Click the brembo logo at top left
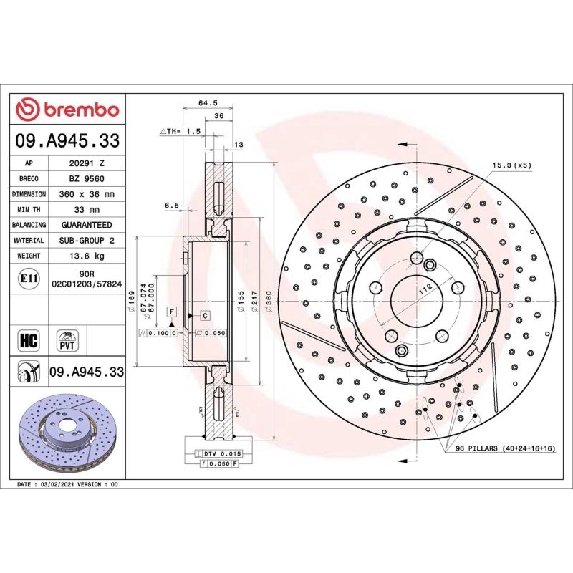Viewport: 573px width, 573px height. coord(68,110)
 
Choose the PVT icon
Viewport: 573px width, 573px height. coord(68,339)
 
